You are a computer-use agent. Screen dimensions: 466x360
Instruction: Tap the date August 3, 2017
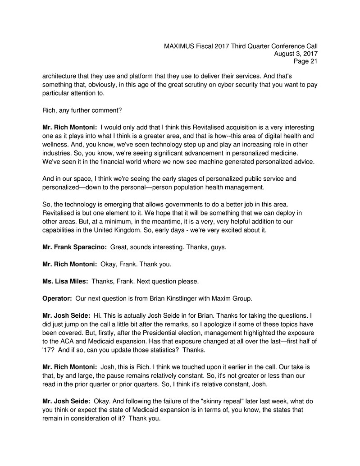click(x=296, y=54)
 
